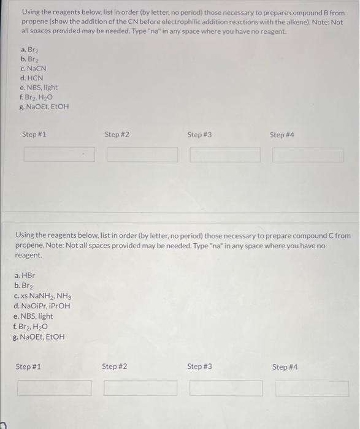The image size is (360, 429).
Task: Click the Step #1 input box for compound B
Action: click(59, 154)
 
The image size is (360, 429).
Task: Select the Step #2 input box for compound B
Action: click(142, 154)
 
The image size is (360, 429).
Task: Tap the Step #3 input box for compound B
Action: click(225, 154)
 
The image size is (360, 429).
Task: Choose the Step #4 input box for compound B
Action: click(308, 154)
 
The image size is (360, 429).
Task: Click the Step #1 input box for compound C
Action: click(55, 388)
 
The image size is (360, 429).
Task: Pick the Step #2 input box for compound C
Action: click(140, 388)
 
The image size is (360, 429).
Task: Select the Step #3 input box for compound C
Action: click(226, 388)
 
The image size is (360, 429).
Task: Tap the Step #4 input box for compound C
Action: click(312, 388)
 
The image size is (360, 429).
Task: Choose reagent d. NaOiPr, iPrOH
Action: click(42, 306)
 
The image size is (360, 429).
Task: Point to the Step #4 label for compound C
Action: click(285, 366)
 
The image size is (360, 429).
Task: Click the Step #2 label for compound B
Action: click(117, 134)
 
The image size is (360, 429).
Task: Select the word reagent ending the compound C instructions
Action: click(28, 255)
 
